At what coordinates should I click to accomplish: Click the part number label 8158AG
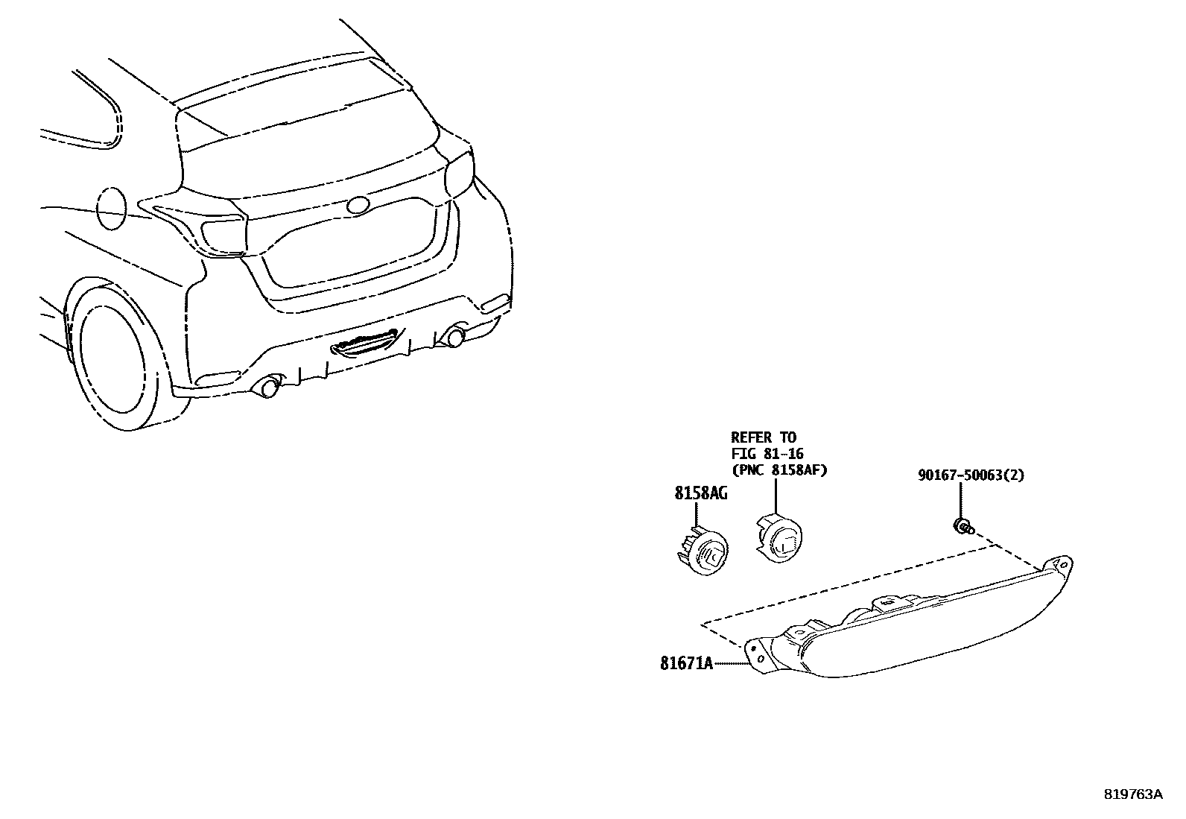pos(701,493)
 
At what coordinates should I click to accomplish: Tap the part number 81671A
pos(686,663)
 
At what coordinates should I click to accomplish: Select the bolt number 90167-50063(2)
pos(971,475)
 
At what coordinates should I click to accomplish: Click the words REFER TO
pos(763,437)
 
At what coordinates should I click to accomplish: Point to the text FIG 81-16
pos(767,454)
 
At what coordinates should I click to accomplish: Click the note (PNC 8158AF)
pos(779,470)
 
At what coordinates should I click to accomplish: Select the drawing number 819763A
pos(1132,794)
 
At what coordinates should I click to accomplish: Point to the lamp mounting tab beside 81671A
pos(758,654)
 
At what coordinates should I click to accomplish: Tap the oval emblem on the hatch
pos(358,206)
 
